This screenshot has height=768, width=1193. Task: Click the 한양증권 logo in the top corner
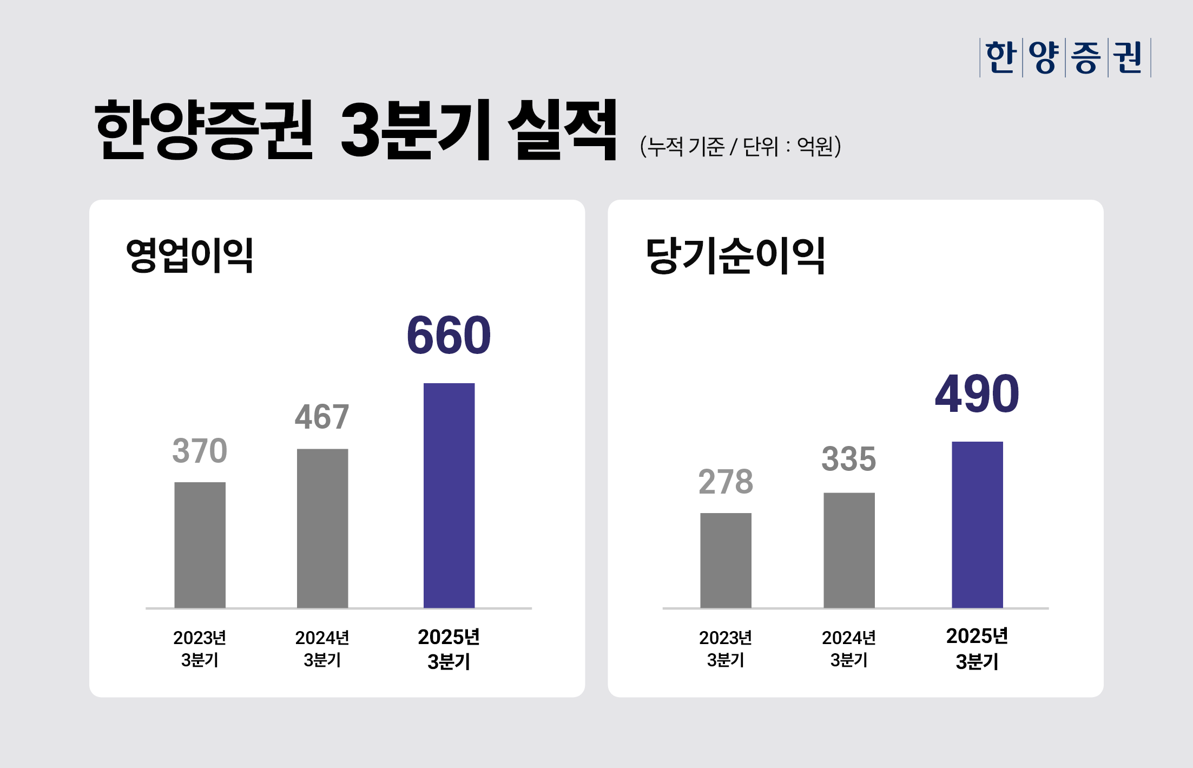(x=1065, y=57)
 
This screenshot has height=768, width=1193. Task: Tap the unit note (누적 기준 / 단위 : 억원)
(x=740, y=146)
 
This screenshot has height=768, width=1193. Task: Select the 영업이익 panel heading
(x=189, y=255)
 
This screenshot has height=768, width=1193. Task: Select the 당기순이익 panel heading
(x=735, y=255)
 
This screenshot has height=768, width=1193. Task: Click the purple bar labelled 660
(x=449, y=495)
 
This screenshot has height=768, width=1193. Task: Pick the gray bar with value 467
(x=322, y=528)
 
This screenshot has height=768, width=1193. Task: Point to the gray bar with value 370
(x=200, y=544)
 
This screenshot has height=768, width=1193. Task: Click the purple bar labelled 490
(x=977, y=524)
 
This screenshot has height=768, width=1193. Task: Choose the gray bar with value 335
(x=849, y=550)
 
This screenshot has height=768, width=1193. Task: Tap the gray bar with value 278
(x=726, y=560)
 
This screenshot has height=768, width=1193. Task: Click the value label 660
(x=449, y=336)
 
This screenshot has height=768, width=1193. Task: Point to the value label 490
(x=977, y=394)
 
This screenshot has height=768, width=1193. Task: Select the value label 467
(x=322, y=417)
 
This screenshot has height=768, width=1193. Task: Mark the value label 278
(x=726, y=482)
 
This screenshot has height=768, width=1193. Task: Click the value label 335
(x=848, y=459)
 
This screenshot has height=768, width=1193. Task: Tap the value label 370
(x=200, y=451)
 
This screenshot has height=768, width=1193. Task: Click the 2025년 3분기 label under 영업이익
(x=449, y=649)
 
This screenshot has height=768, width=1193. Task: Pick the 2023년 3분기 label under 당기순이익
(x=726, y=649)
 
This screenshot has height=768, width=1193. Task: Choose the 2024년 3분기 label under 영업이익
(x=322, y=649)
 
